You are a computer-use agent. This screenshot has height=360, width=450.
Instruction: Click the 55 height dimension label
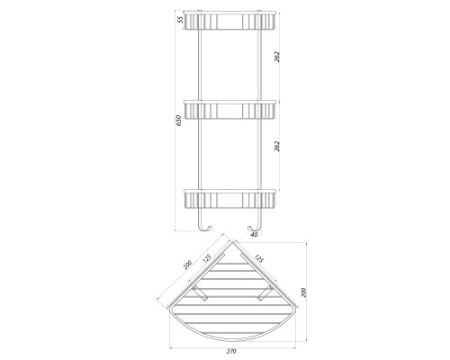(x=180, y=20)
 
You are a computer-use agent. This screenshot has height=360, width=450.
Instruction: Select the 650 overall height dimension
(x=179, y=121)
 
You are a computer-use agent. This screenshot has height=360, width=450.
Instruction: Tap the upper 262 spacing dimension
(x=277, y=57)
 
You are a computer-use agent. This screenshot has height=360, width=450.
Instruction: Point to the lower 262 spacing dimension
(x=277, y=146)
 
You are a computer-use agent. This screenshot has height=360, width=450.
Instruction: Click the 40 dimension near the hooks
(x=254, y=235)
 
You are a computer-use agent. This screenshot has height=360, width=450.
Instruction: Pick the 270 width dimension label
(x=231, y=351)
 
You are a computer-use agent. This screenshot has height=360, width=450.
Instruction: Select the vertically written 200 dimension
(x=303, y=292)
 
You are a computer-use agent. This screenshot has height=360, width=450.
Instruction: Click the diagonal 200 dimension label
(x=187, y=265)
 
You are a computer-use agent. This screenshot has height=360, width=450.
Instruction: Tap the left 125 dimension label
(x=207, y=258)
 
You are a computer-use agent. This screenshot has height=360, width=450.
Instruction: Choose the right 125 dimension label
(x=258, y=258)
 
